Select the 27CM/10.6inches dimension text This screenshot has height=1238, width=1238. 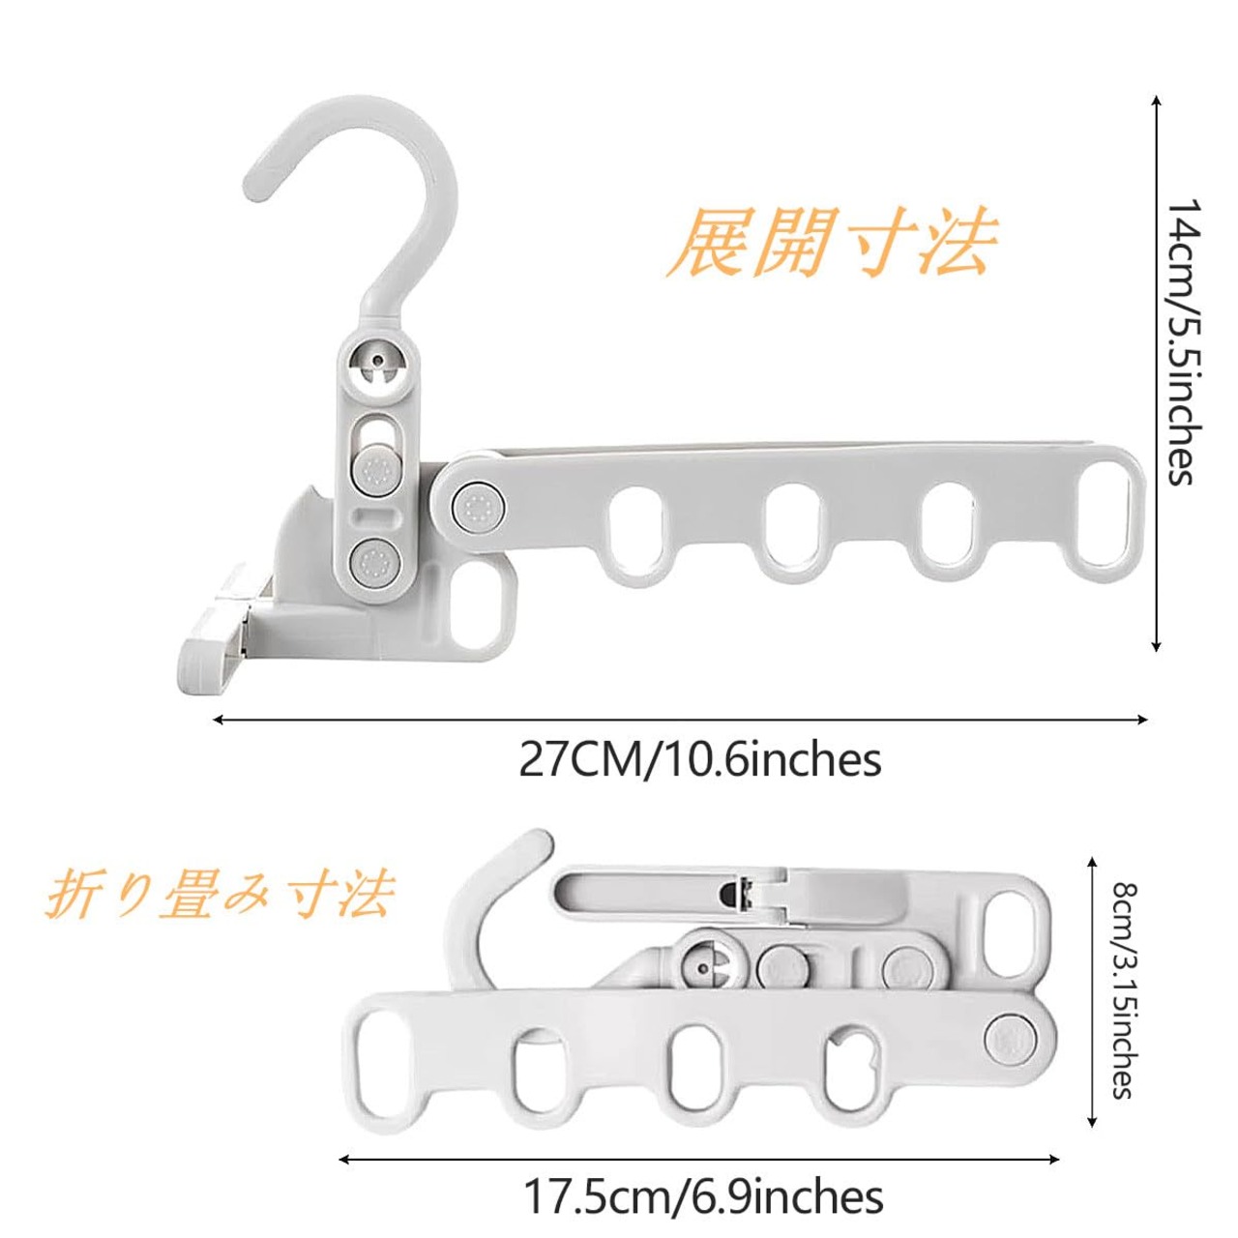click(700, 760)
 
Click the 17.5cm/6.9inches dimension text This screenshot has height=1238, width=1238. click(703, 1196)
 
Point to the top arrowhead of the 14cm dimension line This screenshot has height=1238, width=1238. click(1157, 98)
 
